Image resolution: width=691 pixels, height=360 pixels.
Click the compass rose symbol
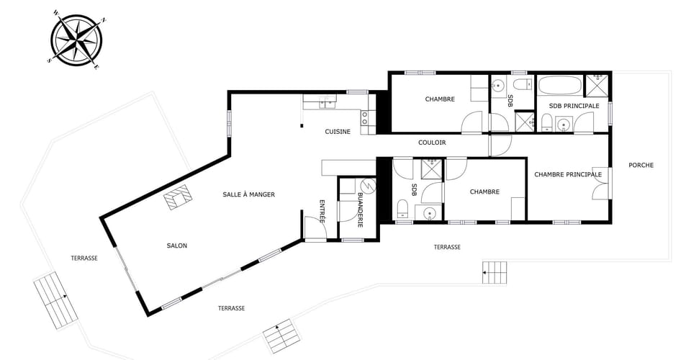(x=78, y=40)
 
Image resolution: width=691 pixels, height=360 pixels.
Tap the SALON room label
(x=177, y=246)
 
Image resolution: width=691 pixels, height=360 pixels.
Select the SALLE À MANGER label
(x=248, y=194)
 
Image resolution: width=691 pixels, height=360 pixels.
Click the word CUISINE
(x=338, y=131)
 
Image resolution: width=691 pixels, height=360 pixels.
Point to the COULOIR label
(x=432, y=143)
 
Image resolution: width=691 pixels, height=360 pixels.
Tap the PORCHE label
(x=641, y=165)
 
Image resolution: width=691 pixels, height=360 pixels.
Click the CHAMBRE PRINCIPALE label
(x=568, y=174)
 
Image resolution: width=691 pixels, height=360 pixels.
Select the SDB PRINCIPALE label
(x=574, y=106)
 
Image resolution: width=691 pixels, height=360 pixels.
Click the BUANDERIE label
(x=361, y=210)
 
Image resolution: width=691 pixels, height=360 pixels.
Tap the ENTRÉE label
(x=322, y=212)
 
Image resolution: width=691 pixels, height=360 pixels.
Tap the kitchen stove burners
(x=365, y=117)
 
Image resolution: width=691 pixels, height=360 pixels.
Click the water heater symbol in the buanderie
(x=368, y=186)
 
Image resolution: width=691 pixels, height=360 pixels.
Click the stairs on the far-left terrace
(x=56, y=300)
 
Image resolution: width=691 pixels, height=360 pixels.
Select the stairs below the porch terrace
(x=495, y=273)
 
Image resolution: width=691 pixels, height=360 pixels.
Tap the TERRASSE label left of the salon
(x=84, y=258)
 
